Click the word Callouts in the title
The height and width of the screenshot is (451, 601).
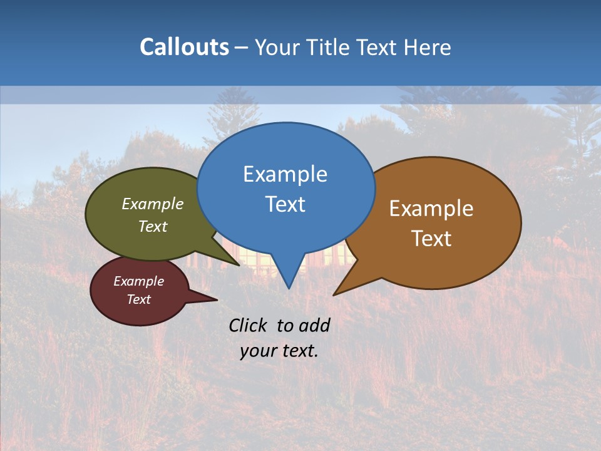(x=184, y=47)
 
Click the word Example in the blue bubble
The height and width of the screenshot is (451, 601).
(x=285, y=174)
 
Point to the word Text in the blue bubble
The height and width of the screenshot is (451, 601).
(x=285, y=204)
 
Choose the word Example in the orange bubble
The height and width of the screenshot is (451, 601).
(x=431, y=209)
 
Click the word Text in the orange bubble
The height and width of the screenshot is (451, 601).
(x=431, y=239)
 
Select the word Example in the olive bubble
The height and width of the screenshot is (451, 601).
(x=153, y=204)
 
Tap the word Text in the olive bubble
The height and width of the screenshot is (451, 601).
(x=153, y=226)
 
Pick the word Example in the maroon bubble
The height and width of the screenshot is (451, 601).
(x=138, y=281)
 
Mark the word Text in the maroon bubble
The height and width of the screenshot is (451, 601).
(x=138, y=299)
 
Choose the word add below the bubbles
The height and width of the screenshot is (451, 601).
(x=313, y=325)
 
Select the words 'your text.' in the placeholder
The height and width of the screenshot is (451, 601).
(x=279, y=351)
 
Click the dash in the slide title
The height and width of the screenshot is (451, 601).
(x=242, y=48)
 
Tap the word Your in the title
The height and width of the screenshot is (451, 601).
(x=276, y=47)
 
